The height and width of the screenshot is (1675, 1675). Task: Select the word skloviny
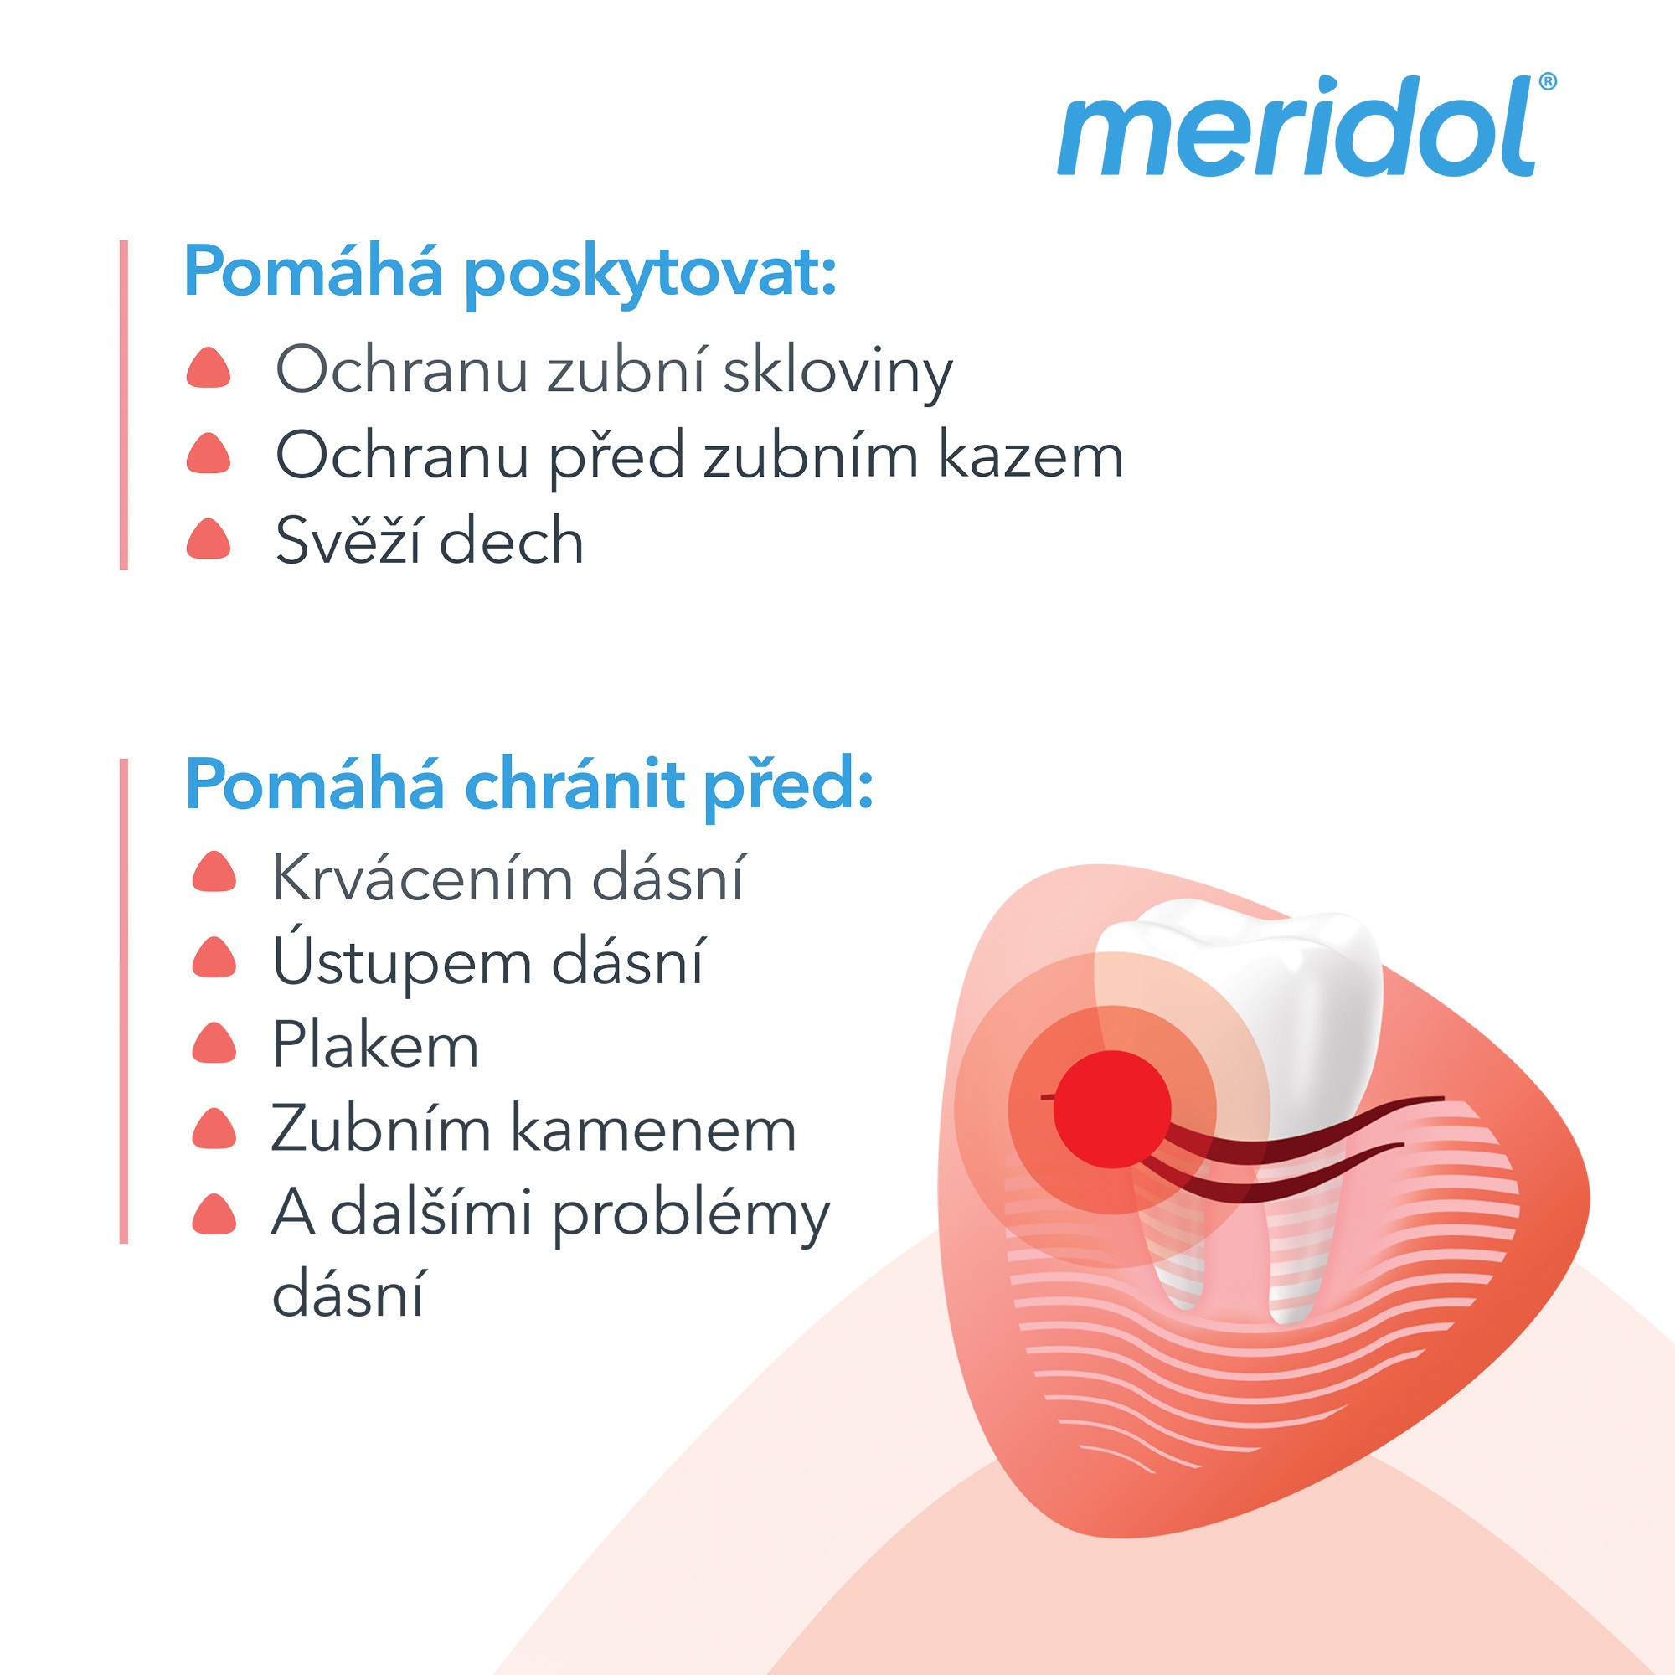coord(837,371)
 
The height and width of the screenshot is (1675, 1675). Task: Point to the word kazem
coord(1032,455)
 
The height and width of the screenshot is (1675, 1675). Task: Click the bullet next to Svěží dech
coord(208,539)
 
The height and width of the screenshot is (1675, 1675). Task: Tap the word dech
coord(512,540)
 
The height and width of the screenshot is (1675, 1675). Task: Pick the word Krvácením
coord(422,878)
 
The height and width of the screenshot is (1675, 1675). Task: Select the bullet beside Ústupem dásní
coord(214,957)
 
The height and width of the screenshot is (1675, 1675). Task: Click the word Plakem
coord(375,1044)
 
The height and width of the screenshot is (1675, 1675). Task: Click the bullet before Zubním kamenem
coord(214,1128)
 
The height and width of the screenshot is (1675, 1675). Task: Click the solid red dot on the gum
coord(1112,1109)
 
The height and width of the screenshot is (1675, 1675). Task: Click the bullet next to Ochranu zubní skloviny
coord(208,368)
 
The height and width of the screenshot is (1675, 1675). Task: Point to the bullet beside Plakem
coord(214,1042)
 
